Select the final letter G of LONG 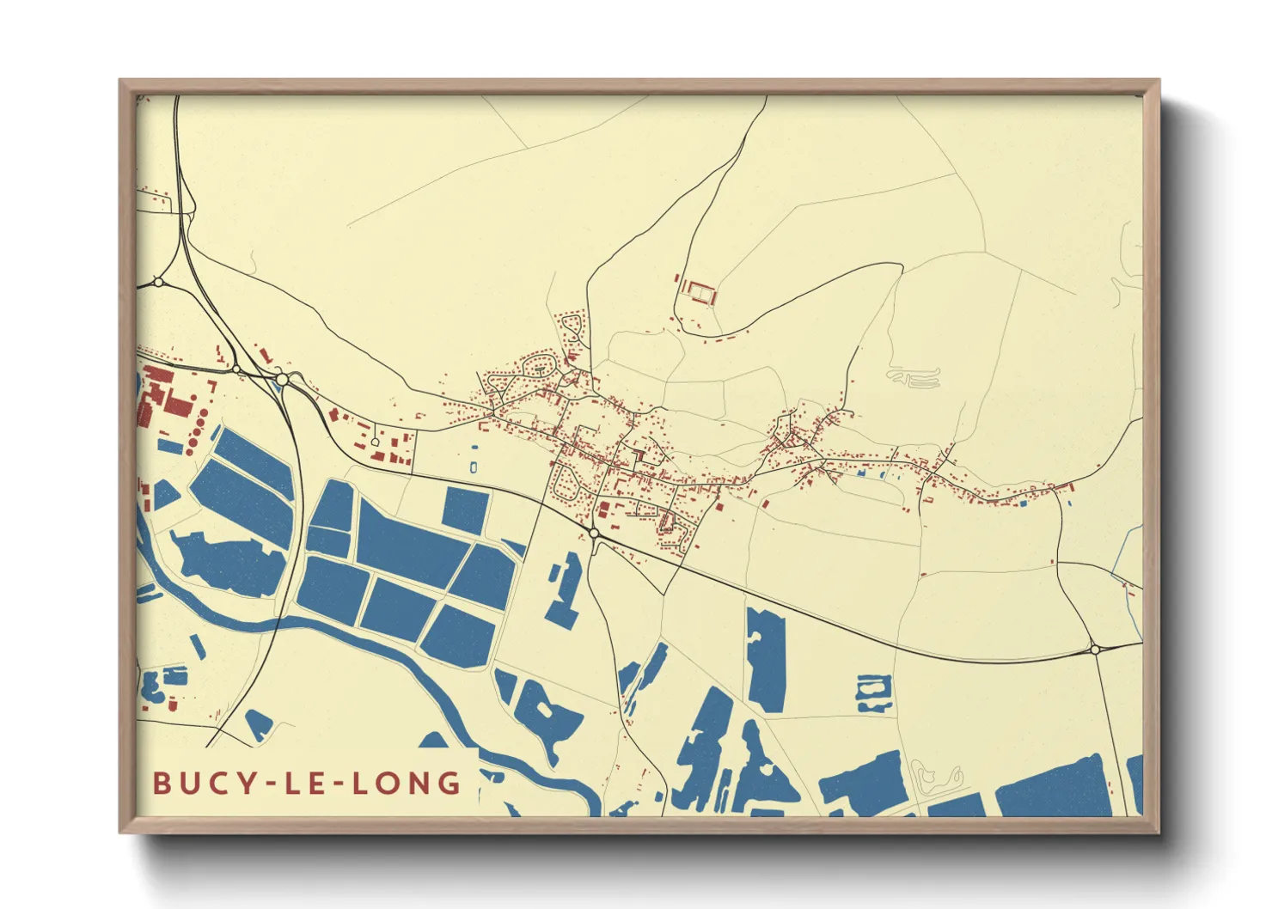point(449,783)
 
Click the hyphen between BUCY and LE point(274,784)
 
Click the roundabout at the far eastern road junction point(1095,650)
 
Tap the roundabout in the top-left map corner point(158,281)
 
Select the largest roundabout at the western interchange point(282,378)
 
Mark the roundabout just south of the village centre point(594,534)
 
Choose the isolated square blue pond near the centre point(465,510)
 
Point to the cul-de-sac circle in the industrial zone point(375,442)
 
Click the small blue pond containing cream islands point(873,692)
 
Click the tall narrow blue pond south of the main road point(766,658)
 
